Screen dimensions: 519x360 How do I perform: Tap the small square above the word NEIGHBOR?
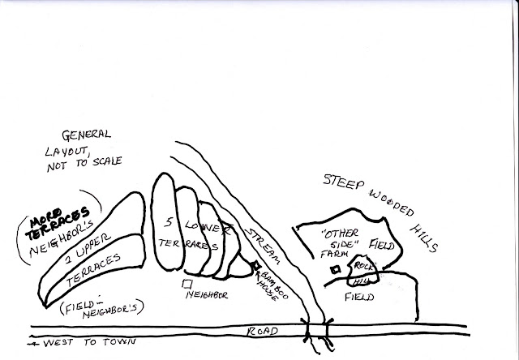187,284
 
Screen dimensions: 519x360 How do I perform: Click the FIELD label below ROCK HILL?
360,298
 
